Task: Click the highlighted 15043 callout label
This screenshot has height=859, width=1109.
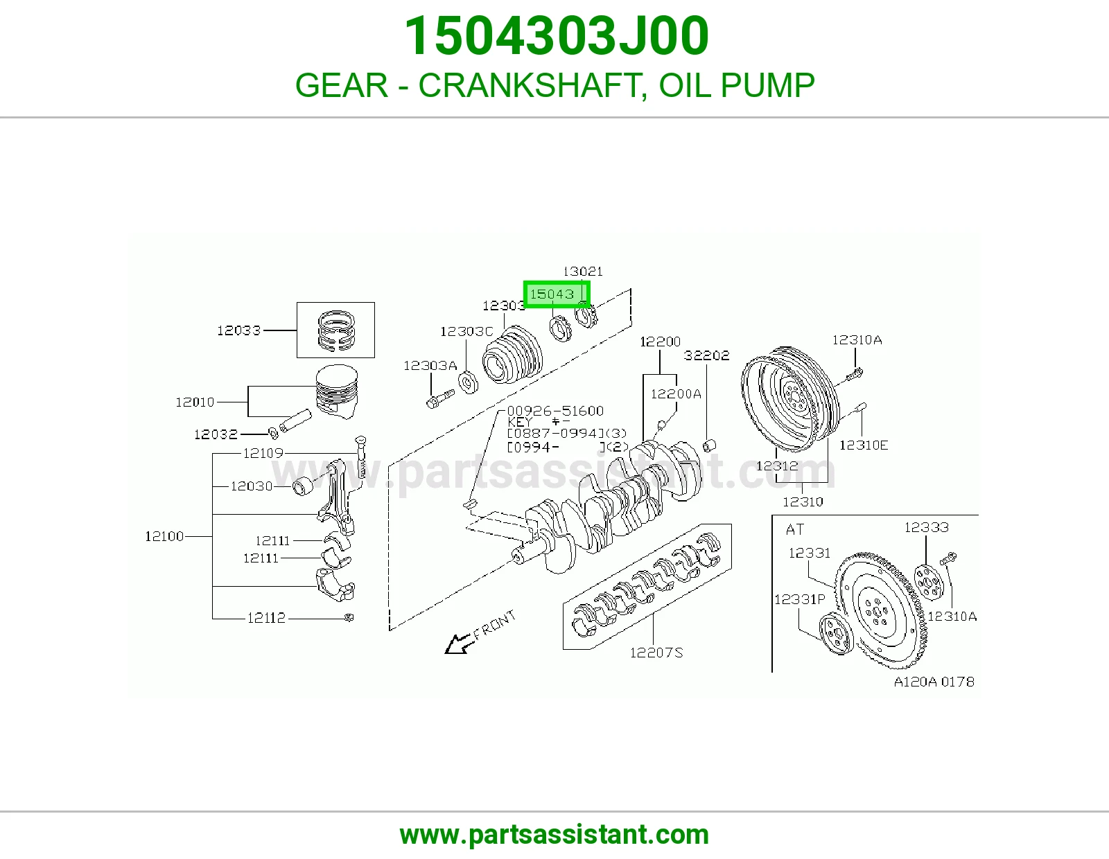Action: tap(552, 294)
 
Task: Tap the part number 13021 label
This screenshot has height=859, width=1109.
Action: tap(583, 272)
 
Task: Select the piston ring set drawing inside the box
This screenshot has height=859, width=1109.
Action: tap(335, 330)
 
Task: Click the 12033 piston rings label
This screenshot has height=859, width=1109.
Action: tap(239, 330)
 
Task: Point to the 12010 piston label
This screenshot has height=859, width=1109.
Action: tap(195, 402)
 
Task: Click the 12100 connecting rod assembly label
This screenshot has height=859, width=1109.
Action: tap(164, 536)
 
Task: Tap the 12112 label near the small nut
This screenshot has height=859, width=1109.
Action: tap(266, 618)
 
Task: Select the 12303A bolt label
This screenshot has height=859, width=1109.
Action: tap(430, 366)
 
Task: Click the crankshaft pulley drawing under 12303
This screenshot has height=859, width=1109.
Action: tap(512, 353)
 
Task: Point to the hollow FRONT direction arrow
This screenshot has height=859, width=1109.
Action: tap(457, 644)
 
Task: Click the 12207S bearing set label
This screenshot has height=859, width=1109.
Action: tap(656, 653)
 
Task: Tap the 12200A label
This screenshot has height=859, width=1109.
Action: tap(676, 393)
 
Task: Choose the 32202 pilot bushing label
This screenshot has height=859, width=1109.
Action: tap(706, 355)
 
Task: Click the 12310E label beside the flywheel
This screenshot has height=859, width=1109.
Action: tap(864, 445)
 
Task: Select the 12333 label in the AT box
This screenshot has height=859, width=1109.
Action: tap(926, 527)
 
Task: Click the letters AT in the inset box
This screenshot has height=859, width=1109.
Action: tap(795, 529)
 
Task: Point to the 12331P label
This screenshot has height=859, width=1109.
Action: tap(799, 599)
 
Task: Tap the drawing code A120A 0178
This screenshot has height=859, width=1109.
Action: tap(934, 682)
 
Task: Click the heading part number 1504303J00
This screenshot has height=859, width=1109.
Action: tap(557, 36)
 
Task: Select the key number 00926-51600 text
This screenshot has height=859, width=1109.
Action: tap(555, 411)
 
